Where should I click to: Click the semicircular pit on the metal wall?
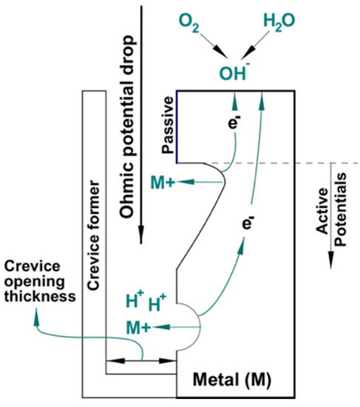click(188, 324)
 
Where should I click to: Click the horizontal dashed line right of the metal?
click(325, 163)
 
